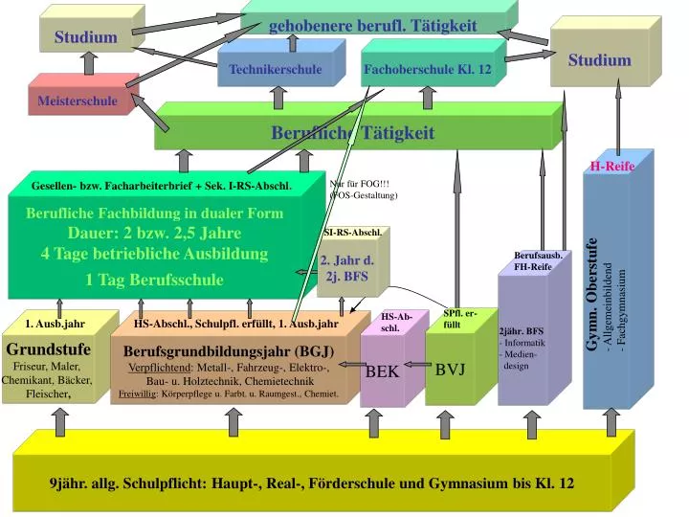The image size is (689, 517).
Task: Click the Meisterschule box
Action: (x=78, y=101)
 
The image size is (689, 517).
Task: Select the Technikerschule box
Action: (x=276, y=70)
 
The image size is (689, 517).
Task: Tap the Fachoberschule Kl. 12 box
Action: (x=428, y=70)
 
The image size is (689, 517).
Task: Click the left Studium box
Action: (x=85, y=37)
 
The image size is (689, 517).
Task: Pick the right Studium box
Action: (x=600, y=60)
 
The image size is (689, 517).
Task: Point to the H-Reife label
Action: (x=612, y=166)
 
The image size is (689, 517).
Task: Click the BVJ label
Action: (x=450, y=369)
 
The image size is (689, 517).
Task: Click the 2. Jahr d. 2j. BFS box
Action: (x=346, y=268)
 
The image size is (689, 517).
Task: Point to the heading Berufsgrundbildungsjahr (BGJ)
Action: (x=229, y=350)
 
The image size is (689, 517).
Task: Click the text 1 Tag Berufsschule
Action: (x=154, y=280)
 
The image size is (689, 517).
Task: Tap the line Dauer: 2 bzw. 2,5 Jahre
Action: (x=154, y=233)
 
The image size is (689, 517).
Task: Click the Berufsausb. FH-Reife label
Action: (x=532, y=261)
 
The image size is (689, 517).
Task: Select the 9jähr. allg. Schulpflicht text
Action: (x=312, y=483)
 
